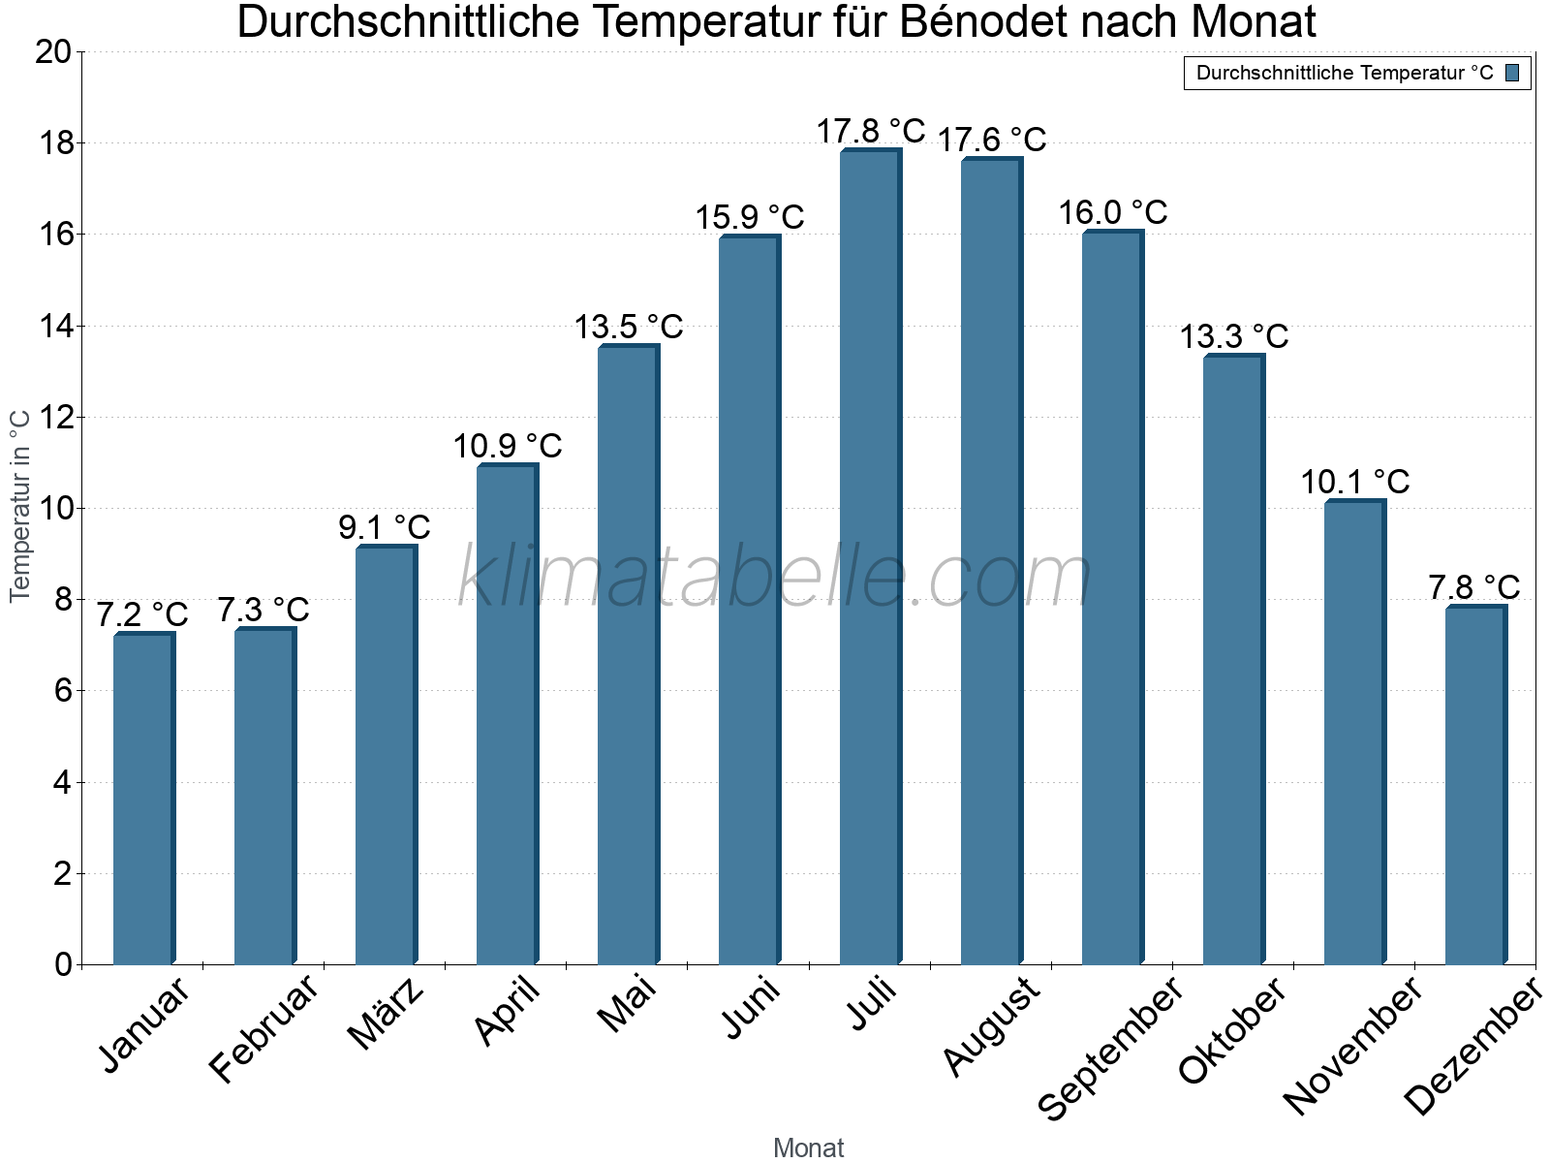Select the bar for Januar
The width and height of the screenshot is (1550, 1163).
point(143,799)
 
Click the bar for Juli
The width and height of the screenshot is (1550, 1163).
point(870,557)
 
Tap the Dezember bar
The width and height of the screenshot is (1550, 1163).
point(1475,785)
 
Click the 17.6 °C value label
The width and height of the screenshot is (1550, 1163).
point(992,140)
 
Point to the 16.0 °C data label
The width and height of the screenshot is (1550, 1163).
point(1113,212)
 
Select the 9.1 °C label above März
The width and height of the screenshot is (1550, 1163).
point(385,527)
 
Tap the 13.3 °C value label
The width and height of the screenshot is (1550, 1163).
point(1234,336)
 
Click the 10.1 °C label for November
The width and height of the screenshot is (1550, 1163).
point(1355,482)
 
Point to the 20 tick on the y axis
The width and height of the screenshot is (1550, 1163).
point(53,51)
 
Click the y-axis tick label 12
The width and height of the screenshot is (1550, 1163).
point(53,418)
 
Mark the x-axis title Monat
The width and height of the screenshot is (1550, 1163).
point(809,1148)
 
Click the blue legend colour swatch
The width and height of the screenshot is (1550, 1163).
point(1512,73)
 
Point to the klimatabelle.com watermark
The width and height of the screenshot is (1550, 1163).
point(775,577)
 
